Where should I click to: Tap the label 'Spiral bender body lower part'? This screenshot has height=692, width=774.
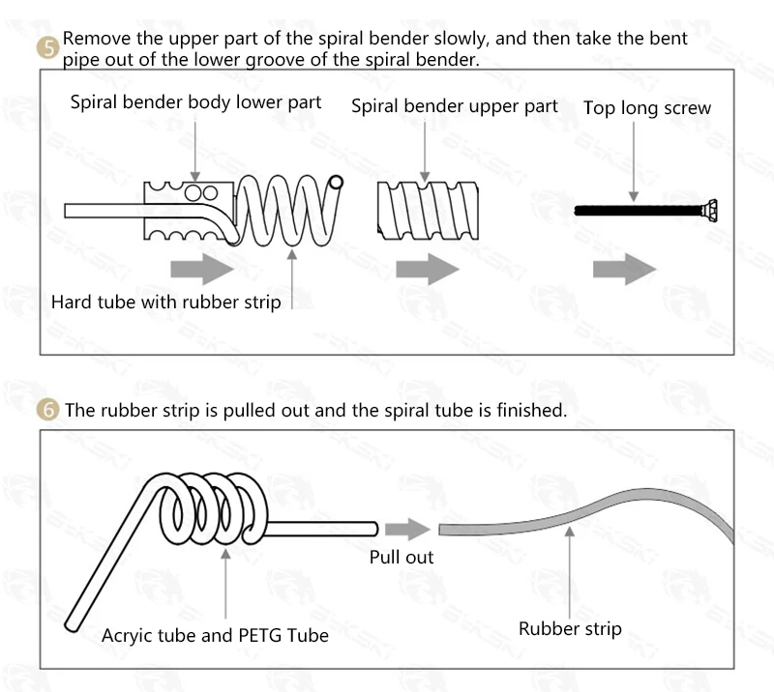(195, 102)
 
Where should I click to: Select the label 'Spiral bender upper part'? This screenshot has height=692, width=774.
(454, 105)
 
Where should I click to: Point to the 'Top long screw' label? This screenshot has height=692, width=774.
(646, 107)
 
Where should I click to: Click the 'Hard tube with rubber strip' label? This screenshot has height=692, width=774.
(165, 303)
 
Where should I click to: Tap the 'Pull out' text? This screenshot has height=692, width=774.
(402, 557)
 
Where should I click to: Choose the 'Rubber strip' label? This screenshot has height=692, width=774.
(570, 629)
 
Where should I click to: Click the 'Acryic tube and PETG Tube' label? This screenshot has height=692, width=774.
(215, 635)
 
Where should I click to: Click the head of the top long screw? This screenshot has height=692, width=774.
(710, 209)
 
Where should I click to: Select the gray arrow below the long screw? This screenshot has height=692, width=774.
(639, 268)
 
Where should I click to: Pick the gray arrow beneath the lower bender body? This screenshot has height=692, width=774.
(195, 268)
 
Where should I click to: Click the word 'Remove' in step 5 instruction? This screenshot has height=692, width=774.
(94, 40)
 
